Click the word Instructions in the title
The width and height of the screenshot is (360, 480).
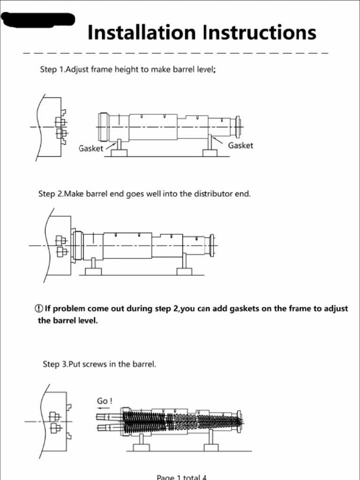pyautogui.click(x=260, y=33)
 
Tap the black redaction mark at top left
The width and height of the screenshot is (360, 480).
pyautogui.click(x=37, y=20)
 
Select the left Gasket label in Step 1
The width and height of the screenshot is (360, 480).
pyautogui.click(x=91, y=149)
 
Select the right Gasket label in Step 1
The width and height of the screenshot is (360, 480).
pyautogui.click(x=240, y=146)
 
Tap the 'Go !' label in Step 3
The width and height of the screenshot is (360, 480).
pyautogui.click(x=105, y=401)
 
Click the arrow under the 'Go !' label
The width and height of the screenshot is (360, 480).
pyautogui.click(x=103, y=408)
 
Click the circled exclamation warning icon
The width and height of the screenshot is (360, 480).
pyautogui.click(x=39, y=309)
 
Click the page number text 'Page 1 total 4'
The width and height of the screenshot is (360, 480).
pyautogui.click(x=181, y=477)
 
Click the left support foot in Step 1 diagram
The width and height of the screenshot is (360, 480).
pyautogui.click(x=119, y=152)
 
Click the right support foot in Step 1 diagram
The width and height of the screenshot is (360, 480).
pyautogui.click(x=210, y=152)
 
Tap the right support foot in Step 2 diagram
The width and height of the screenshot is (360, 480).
pyautogui.click(x=184, y=270)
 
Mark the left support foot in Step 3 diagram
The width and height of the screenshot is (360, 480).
pyautogui.click(x=141, y=446)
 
